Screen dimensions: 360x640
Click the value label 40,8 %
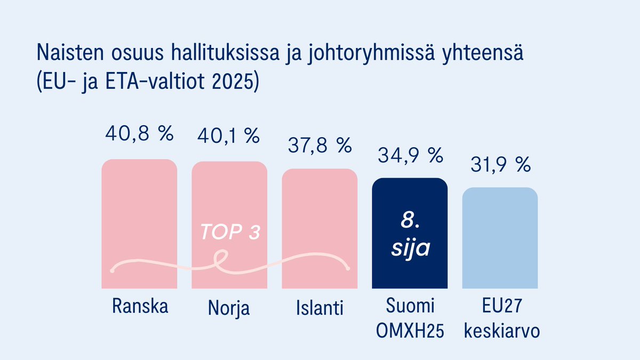(x=139, y=133)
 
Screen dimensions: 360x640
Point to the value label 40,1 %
(x=229, y=135)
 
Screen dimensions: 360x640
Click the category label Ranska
(x=140, y=307)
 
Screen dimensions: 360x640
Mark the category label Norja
(x=229, y=308)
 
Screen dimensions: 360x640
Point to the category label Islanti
(x=319, y=308)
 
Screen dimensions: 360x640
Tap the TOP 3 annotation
(x=230, y=233)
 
